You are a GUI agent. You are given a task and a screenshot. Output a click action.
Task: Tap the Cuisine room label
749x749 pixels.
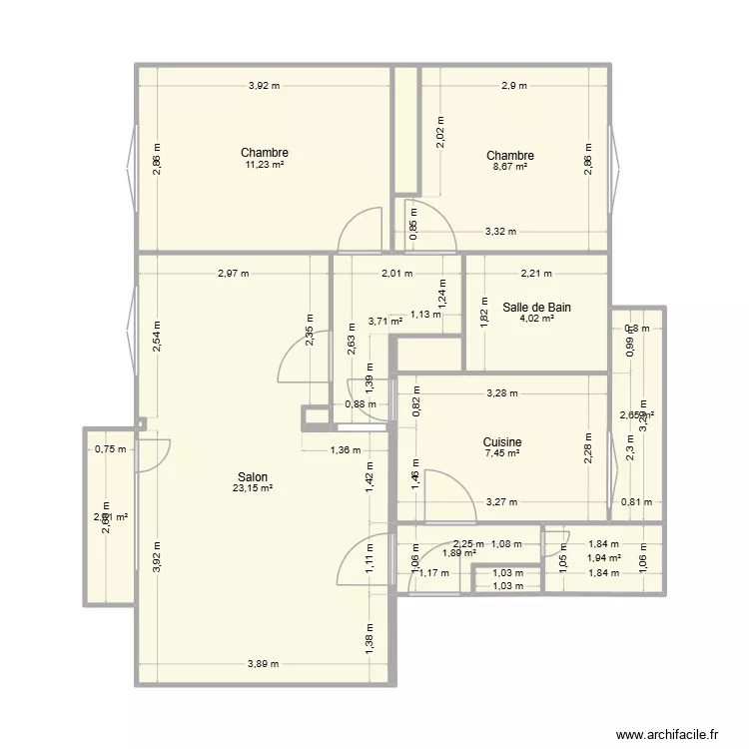[x=502, y=442]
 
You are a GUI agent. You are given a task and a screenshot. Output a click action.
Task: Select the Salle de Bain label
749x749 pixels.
[x=536, y=308]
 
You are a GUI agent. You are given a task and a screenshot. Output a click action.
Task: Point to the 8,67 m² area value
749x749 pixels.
[x=509, y=168]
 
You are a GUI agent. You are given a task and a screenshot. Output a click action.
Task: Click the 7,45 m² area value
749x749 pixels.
[x=502, y=453]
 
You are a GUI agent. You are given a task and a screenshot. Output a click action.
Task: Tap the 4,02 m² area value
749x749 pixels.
[x=536, y=320]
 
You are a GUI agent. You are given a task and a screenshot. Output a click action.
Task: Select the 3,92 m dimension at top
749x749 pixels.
[x=265, y=86]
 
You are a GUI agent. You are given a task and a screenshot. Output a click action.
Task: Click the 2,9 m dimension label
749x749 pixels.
[x=514, y=86]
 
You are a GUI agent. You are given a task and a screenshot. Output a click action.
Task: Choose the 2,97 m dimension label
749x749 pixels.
[x=233, y=273]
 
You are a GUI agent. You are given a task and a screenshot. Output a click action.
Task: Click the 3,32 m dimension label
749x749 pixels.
[x=500, y=232]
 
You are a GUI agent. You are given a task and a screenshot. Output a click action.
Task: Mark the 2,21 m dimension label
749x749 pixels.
[x=536, y=273]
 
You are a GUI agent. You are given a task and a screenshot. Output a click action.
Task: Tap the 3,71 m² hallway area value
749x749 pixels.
[x=385, y=322]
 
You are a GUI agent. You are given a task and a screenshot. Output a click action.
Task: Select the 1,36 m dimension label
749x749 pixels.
[x=346, y=449]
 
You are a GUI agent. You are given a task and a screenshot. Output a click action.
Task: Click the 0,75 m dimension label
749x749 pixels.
[x=111, y=449]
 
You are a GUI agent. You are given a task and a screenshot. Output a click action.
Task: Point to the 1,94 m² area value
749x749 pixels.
[x=603, y=558]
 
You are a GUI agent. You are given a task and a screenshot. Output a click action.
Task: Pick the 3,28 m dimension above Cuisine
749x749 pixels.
[x=502, y=392]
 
